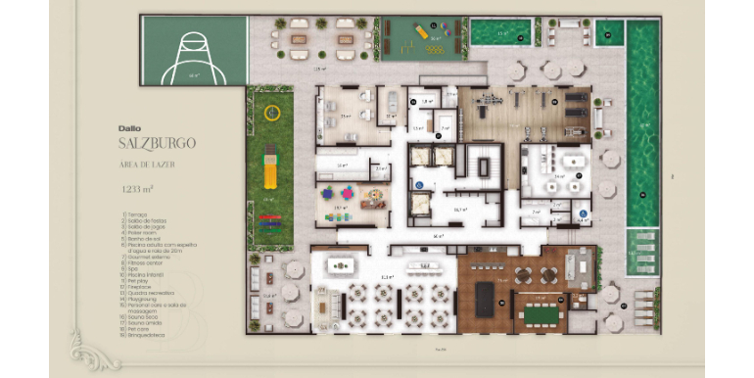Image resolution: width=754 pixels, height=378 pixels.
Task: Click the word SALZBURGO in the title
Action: pyautogui.click(x=156, y=142)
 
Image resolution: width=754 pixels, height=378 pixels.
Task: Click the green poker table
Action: pyautogui.click(x=538, y=313)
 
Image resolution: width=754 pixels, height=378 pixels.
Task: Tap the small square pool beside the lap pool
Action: pyautogui.click(x=607, y=33)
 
